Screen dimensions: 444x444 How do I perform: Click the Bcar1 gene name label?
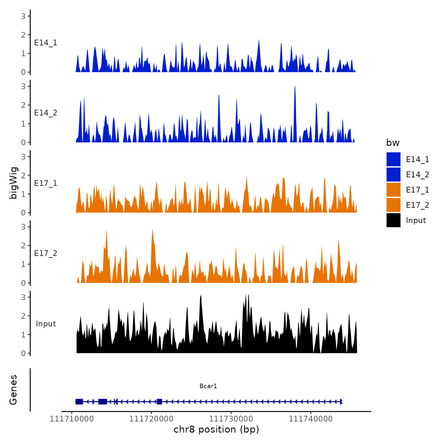208,386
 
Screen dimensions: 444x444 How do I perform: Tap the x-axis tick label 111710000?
72,419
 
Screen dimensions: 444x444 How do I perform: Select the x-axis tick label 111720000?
151,419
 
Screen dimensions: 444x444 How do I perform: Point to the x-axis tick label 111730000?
231,419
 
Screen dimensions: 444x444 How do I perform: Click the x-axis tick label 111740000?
311,419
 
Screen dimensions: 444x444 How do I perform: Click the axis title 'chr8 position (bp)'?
216,429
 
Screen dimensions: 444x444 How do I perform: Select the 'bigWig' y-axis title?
13,183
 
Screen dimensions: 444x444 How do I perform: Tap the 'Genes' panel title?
13,390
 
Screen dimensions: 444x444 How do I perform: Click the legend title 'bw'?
393,143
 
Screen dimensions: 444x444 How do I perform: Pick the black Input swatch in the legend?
393,220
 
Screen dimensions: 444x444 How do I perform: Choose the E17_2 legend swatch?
393,205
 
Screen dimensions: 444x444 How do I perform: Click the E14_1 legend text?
417,160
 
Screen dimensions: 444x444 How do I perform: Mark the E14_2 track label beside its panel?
46,113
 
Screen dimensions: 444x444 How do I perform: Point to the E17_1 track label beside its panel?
46,183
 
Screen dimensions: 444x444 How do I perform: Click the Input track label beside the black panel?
46,324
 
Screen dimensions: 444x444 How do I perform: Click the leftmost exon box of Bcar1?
79,402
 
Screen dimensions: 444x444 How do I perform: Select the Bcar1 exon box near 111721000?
160,402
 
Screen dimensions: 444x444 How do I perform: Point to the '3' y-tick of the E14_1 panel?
23,16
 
